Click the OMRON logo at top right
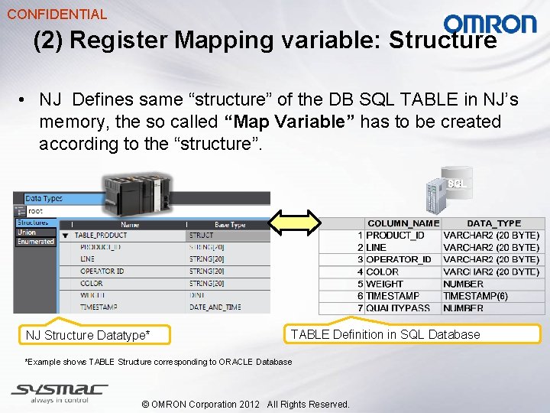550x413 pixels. pos(490,24)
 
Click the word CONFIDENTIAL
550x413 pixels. pos(57,14)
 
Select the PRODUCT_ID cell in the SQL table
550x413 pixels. pos(395,236)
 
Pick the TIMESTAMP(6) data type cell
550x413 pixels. pos(474,296)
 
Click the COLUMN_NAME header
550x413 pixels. pos(403,223)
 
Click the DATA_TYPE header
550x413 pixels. pos(493,223)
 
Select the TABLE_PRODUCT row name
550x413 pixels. pos(101,236)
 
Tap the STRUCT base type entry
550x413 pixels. pos(202,236)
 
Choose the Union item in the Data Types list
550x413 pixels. pos(27,233)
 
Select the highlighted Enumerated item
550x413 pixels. pos(36,242)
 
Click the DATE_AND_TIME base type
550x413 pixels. pos(215,307)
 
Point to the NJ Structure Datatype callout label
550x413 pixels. pos(88,335)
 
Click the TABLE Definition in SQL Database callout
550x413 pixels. pos(386,334)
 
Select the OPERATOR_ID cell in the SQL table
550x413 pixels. pos(399,259)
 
